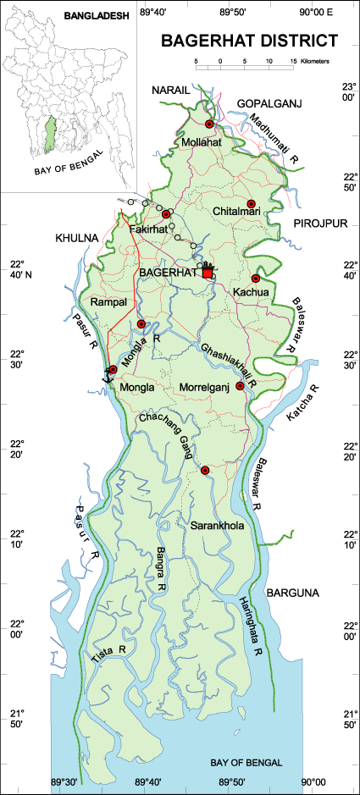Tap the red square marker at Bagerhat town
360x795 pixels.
point(208,273)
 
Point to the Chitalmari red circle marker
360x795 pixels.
point(252,203)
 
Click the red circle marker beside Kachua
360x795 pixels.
point(255,279)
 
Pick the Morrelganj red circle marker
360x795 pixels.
point(240,386)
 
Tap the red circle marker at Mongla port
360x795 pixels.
point(113,370)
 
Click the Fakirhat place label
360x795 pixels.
point(149,230)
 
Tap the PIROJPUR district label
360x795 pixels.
point(314,222)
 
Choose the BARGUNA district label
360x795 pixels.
point(293,593)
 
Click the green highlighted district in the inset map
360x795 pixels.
point(50,132)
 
